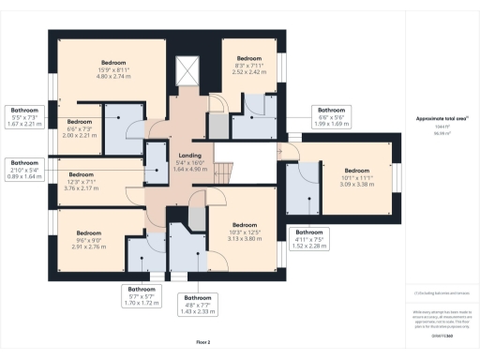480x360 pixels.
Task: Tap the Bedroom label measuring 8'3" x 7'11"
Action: (x=248, y=57)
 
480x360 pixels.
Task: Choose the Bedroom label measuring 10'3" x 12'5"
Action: (x=245, y=225)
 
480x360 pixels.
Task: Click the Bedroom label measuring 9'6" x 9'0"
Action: (x=89, y=232)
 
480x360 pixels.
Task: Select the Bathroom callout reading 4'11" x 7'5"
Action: (x=309, y=234)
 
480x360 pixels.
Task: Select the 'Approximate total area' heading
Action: (x=442, y=118)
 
